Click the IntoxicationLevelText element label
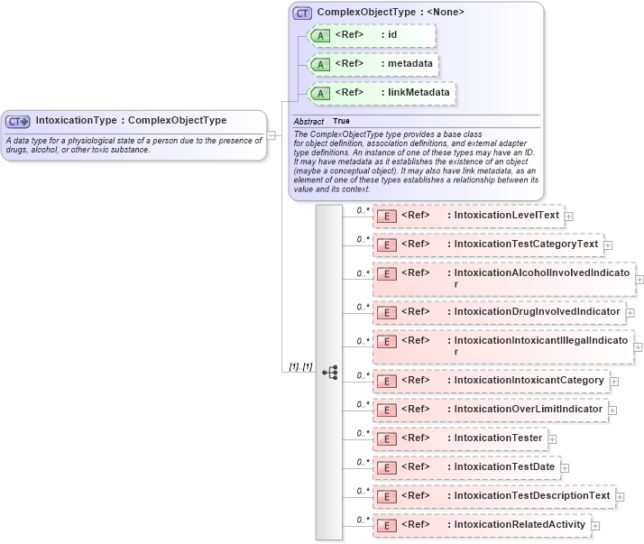click(x=506, y=216)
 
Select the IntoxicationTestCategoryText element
click(x=526, y=244)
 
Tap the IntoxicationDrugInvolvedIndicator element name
click(x=537, y=311)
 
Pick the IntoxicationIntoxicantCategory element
click(x=529, y=380)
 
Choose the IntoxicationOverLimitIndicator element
click(x=528, y=409)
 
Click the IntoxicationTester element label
click(x=498, y=438)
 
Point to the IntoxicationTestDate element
click(x=504, y=466)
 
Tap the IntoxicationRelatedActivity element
click(x=520, y=524)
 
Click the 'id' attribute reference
click(x=392, y=35)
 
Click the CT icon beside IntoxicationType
click(x=18, y=121)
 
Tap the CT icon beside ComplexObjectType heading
click(x=302, y=13)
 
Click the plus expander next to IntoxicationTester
click(x=553, y=439)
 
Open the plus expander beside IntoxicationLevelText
click(x=569, y=217)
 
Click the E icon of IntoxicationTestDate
click(x=386, y=467)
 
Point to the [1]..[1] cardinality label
click(x=300, y=367)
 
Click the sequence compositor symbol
click(x=329, y=372)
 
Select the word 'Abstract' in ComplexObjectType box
click(x=308, y=121)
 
